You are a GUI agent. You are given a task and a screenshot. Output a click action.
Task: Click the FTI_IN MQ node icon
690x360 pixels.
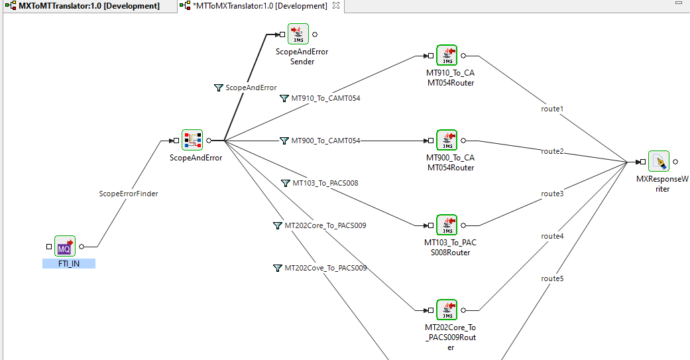point(65,246)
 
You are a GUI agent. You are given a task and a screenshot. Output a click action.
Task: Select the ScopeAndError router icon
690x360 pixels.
point(192,141)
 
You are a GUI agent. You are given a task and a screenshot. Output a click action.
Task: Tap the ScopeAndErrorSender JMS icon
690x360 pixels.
point(298,34)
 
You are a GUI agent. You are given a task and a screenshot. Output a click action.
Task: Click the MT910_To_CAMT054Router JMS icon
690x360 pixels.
point(447,56)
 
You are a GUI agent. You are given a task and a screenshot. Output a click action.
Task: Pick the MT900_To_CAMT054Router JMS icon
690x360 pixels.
point(447,141)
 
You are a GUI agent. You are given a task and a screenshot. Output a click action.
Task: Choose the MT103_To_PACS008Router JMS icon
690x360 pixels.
point(447,225)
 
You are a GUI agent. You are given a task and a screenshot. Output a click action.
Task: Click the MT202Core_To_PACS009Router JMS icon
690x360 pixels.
point(447,310)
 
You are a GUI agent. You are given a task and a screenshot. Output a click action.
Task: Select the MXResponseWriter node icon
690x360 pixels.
point(659,162)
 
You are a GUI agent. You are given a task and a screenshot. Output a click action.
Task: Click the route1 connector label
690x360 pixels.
point(552,109)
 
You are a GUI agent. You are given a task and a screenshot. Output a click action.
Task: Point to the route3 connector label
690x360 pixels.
point(552,194)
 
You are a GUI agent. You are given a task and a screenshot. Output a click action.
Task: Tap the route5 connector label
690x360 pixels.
point(552,278)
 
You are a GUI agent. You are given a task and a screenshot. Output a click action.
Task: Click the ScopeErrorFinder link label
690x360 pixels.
point(129,194)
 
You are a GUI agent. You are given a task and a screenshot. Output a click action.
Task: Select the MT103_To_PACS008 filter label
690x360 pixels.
point(325,183)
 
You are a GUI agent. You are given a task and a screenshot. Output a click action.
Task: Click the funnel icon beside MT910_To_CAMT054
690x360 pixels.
point(284,98)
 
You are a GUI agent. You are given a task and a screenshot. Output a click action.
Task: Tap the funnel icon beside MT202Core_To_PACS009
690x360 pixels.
point(277,225)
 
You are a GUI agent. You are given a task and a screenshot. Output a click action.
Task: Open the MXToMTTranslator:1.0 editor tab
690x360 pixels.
point(89,6)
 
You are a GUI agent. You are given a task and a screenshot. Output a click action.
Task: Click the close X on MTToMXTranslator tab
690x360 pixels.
point(336,6)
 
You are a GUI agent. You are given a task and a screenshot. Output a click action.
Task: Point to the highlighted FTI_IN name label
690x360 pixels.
point(69,264)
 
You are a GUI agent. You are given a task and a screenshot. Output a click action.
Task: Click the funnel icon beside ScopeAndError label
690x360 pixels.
point(218,88)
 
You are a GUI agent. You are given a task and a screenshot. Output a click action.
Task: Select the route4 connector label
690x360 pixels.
point(552,236)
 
